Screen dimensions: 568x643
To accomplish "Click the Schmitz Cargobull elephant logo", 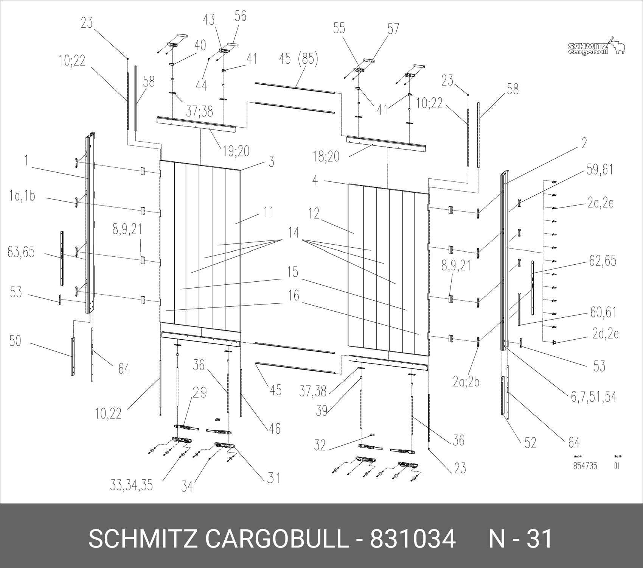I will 596,46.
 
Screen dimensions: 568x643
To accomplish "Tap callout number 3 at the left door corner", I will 271,162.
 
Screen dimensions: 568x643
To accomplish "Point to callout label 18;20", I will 326,156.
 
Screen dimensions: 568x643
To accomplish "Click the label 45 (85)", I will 298,59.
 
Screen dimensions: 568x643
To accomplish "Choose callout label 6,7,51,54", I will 593,396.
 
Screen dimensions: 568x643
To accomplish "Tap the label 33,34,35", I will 132,485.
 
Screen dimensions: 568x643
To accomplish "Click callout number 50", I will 16,341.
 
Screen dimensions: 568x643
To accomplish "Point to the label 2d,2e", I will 605,334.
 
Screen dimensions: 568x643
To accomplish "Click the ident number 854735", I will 585,466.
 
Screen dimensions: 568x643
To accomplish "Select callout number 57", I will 393,28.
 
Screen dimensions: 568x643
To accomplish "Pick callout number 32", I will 320,445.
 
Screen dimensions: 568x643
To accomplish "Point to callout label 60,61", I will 603,312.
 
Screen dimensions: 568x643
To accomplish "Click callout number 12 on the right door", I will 314,214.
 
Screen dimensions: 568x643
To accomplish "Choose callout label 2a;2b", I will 466,382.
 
